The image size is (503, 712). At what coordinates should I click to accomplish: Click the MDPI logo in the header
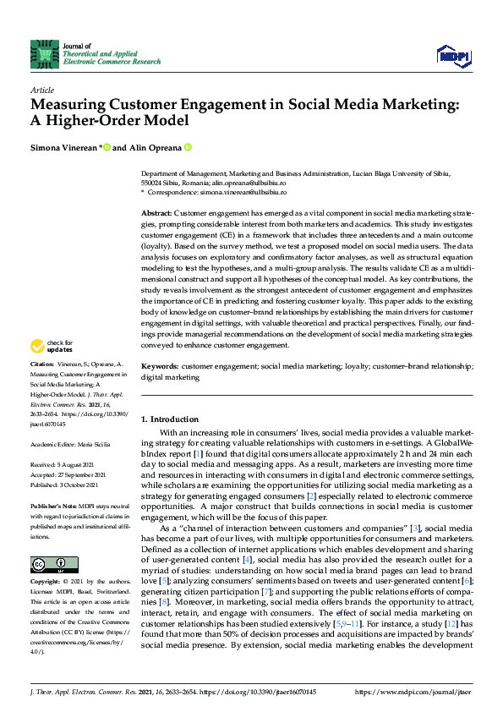(x=454, y=56)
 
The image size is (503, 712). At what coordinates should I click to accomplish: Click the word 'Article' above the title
(x=41, y=90)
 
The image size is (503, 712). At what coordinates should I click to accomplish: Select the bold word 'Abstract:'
(x=156, y=213)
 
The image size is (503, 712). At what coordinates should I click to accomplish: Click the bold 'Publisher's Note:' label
(x=55, y=502)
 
